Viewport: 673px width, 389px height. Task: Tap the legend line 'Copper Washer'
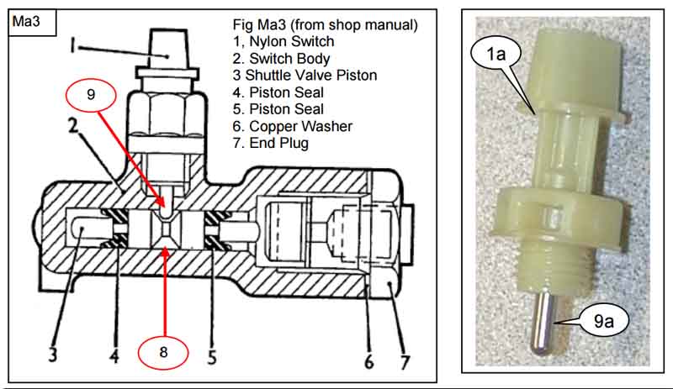(x=299, y=127)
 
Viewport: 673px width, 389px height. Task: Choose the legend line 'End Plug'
(x=278, y=144)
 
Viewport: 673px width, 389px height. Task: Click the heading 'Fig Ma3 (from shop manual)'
(x=324, y=24)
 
